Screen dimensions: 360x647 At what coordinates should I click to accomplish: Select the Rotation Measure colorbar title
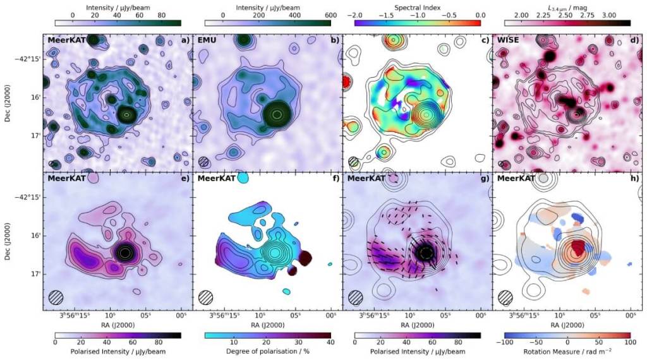[x=567, y=351]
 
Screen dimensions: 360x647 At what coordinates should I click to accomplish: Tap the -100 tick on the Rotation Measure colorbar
[x=505, y=342]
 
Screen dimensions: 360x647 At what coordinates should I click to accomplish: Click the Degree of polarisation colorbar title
[x=268, y=351]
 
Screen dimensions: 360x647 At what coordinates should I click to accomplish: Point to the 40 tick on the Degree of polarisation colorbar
[x=330, y=342]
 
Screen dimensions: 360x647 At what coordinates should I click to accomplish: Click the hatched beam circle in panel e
[x=56, y=297]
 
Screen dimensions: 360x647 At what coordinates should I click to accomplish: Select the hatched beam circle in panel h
[x=505, y=297]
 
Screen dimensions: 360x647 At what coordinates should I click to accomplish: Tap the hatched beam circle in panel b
[x=203, y=162]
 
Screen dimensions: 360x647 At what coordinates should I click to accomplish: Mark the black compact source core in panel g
[x=425, y=252]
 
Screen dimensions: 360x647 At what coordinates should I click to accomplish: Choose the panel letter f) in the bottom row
[x=334, y=179]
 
